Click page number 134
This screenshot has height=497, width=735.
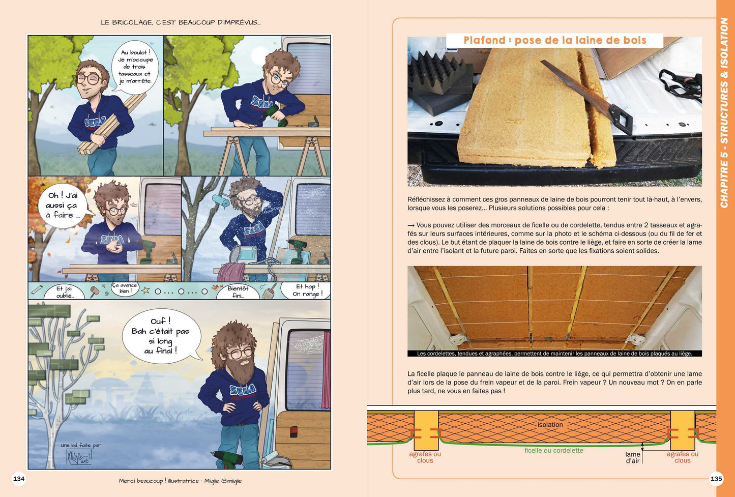(x=19, y=479)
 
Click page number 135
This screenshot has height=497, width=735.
(x=716, y=479)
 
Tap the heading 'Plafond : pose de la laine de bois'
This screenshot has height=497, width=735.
(x=554, y=40)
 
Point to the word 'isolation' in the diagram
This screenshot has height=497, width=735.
(x=550, y=424)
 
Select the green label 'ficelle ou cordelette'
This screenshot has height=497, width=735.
(x=554, y=450)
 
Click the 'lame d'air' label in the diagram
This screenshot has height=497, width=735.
(x=632, y=458)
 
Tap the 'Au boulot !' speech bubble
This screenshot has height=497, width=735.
(x=135, y=66)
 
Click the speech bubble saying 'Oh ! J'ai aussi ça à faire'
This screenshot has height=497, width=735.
(x=63, y=206)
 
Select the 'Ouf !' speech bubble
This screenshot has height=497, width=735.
(x=161, y=336)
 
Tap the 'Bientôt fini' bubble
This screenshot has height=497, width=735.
(x=238, y=291)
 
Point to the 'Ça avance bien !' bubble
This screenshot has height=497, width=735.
(x=124, y=288)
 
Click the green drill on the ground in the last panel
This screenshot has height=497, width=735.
(x=227, y=459)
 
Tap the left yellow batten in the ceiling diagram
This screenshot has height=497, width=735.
(x=426, y=430)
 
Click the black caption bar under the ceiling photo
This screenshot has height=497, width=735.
(x=554, y=354)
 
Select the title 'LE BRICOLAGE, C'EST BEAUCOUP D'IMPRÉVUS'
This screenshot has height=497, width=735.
(x=180, y=22)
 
